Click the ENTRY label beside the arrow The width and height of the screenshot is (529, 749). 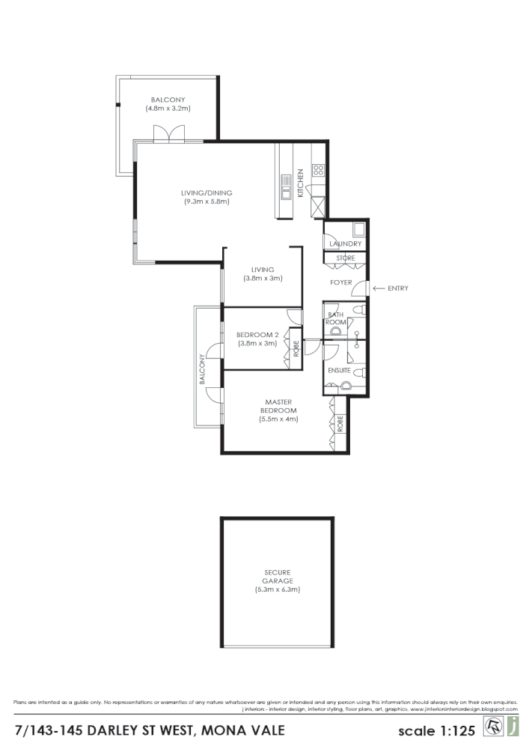[x=398, y=288]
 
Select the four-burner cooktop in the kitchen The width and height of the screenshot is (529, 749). [x=318, y=170]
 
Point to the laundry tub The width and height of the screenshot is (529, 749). [x=358, y=229]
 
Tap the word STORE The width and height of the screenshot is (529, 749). [x=345, y=258]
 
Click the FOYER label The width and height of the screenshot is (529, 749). [x=341, y=282]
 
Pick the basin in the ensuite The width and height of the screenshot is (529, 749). [x=346, y=386]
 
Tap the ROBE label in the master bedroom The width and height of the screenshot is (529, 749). [x=340, y=425]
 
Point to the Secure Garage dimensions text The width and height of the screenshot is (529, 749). [x=277, y=589]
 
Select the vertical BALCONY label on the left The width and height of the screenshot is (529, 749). [x=201, y=370]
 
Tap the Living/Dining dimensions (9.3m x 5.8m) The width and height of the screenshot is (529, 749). [x=206, y=201]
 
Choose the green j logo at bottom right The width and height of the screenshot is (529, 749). [x=513, y=726]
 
